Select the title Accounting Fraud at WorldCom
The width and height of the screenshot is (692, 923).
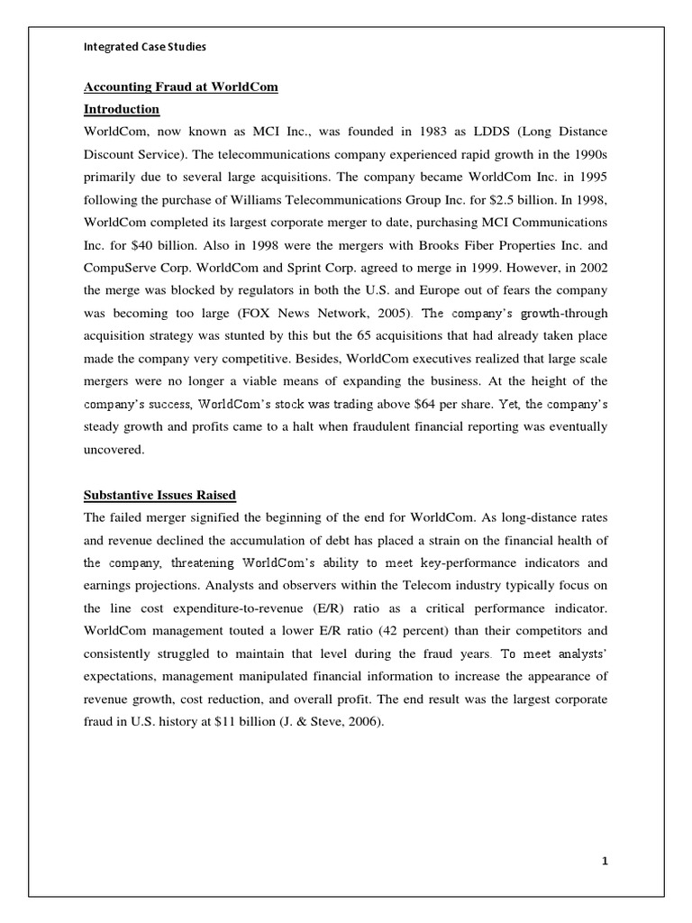180,87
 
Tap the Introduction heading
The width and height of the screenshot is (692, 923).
122,109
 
